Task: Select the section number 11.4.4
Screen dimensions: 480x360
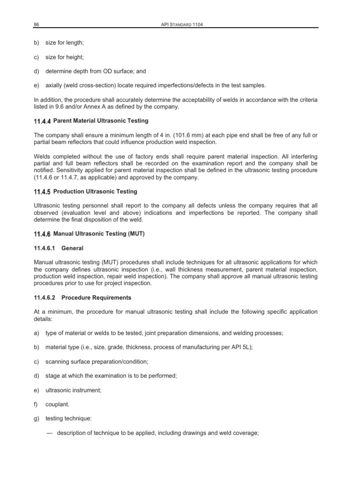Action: pos(43,121)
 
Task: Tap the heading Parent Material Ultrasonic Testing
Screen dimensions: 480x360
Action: pos(101,121)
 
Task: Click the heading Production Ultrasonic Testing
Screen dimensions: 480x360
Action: pos(96,191)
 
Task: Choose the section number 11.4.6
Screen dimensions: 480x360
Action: pos(43,234)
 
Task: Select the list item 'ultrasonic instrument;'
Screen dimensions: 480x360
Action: pos(72,390)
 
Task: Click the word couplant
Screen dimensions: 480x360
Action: pos(57,405)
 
